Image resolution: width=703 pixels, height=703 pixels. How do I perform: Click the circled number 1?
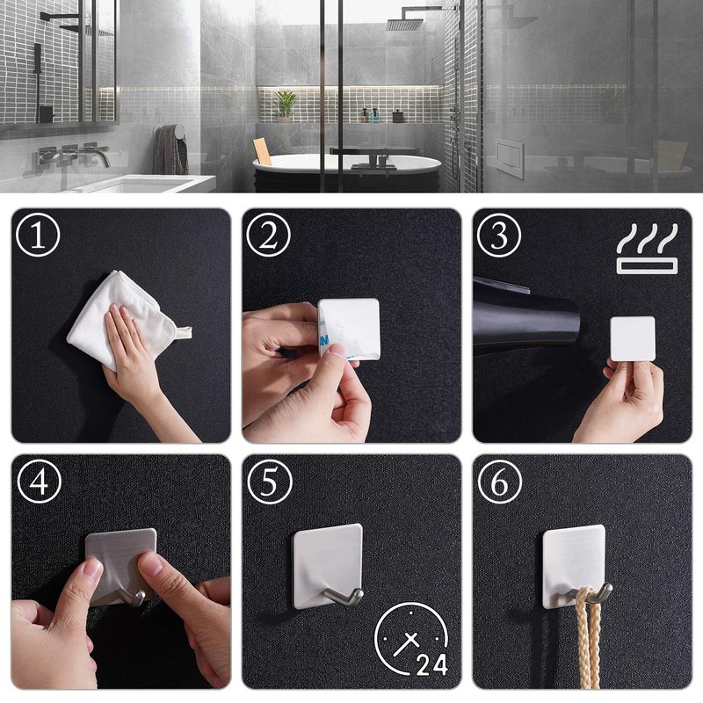(39, 236)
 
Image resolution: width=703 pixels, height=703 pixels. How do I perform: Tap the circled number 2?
(269, 236)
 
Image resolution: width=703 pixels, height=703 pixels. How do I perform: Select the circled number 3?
(499, 236)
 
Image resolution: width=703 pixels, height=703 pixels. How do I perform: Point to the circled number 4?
(39, 482)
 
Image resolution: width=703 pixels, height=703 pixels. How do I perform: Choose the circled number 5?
(269, 482)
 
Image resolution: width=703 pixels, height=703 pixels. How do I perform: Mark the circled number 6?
(499, 482)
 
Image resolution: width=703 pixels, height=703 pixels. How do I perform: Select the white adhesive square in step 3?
(633, 338)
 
